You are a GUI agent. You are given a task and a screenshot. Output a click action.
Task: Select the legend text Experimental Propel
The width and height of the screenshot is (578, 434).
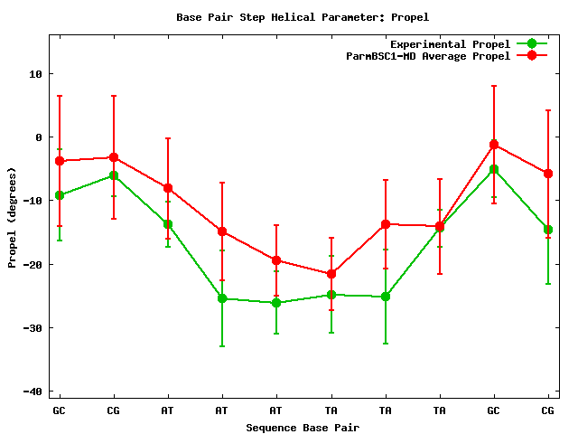[x=450, y=43]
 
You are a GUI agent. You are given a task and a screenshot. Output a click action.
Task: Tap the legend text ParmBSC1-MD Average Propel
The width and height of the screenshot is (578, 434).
[x=428, y=55]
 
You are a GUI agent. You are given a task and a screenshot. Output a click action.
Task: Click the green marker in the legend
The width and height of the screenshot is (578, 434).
[x=532, y=43]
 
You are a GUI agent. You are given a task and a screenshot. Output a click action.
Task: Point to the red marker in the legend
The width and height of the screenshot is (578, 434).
[x=532, y=55]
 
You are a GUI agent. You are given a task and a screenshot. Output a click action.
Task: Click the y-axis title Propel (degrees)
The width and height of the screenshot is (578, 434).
[x=12, y=217]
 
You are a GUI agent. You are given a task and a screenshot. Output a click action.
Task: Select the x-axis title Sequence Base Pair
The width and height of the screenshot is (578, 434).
[x=303, y=427]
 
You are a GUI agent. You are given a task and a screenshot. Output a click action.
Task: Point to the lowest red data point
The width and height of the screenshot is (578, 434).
[x=331, y=274]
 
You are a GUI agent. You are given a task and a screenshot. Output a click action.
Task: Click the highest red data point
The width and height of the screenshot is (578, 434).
[x=494, y=145]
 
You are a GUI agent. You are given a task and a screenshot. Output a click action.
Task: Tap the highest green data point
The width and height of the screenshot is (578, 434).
[x=494, y=169]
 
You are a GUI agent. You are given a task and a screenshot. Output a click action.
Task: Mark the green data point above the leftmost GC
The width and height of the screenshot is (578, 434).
[x=60, y=195]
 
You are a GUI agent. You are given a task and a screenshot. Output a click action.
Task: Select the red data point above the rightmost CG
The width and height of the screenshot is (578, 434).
[x=548, y=174]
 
